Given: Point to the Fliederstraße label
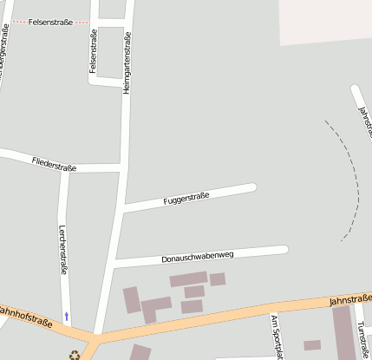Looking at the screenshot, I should [x=54, y=163].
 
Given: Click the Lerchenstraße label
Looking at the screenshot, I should [x=63, y=251].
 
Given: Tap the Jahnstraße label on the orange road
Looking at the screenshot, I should [x=350, y=300].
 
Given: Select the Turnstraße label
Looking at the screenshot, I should [x=362, y=339].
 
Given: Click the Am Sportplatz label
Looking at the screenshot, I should [x=277, y=337].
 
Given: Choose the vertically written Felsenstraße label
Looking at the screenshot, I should [x=93, y=54].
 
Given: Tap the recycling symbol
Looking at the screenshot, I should [x=75, y=354].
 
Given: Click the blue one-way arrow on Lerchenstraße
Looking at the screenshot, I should [x=66, y=317].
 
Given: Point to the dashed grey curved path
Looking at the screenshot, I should [x=354, y=178].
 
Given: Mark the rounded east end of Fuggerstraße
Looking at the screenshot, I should [x=251, y=187].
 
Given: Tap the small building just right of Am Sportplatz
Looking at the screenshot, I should [x=312, y=345].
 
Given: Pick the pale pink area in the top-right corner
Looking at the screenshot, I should [x=325, y=22].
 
